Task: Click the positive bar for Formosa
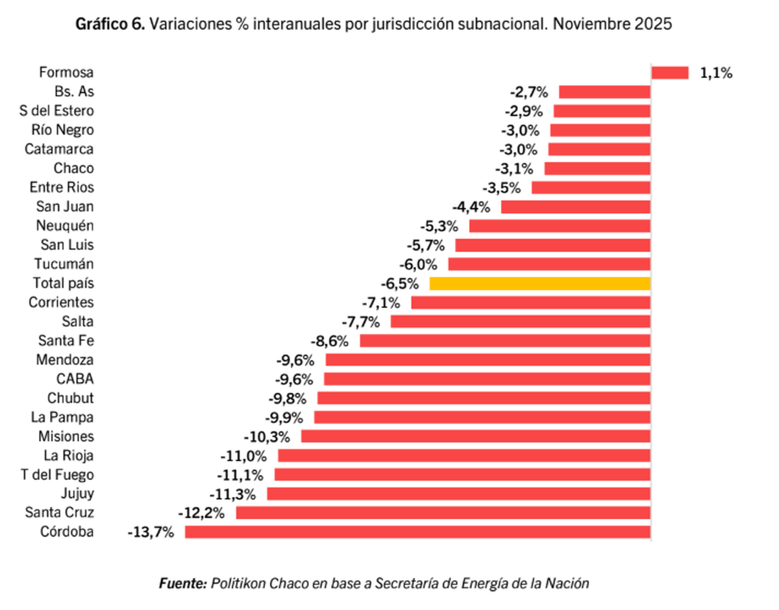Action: (669, 73)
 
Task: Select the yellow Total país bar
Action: (540, 283)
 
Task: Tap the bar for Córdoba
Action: (417, 532)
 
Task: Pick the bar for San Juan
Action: (575, 207)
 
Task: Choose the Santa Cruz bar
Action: (443, 513)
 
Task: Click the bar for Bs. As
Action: (604, 92)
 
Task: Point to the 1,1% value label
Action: (716, 73)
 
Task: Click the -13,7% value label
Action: (151, 532)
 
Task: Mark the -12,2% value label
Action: (203, 513)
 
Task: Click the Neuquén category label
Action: (66, 226)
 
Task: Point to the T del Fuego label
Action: (57, 474)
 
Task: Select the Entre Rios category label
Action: (62, 188)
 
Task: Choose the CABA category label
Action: (75, 379)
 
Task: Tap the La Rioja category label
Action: (69, 455)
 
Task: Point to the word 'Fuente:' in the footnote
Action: (182, 583)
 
